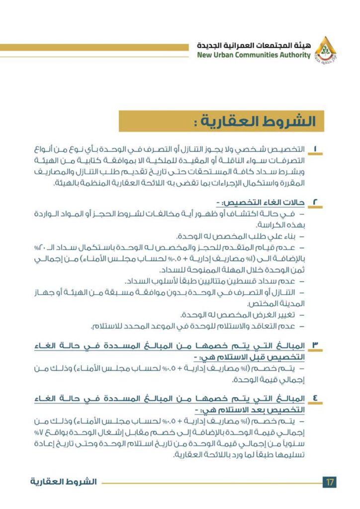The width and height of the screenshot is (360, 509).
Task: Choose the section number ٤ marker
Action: (x=317, y=399)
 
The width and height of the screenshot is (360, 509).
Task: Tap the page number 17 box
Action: (x=330, y=482)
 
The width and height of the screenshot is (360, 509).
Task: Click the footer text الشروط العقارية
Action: (x=63, y=482)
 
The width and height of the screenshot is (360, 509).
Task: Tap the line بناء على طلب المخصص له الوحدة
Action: (x=239, y=236)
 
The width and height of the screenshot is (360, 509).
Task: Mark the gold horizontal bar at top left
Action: (x=94, y=47)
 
